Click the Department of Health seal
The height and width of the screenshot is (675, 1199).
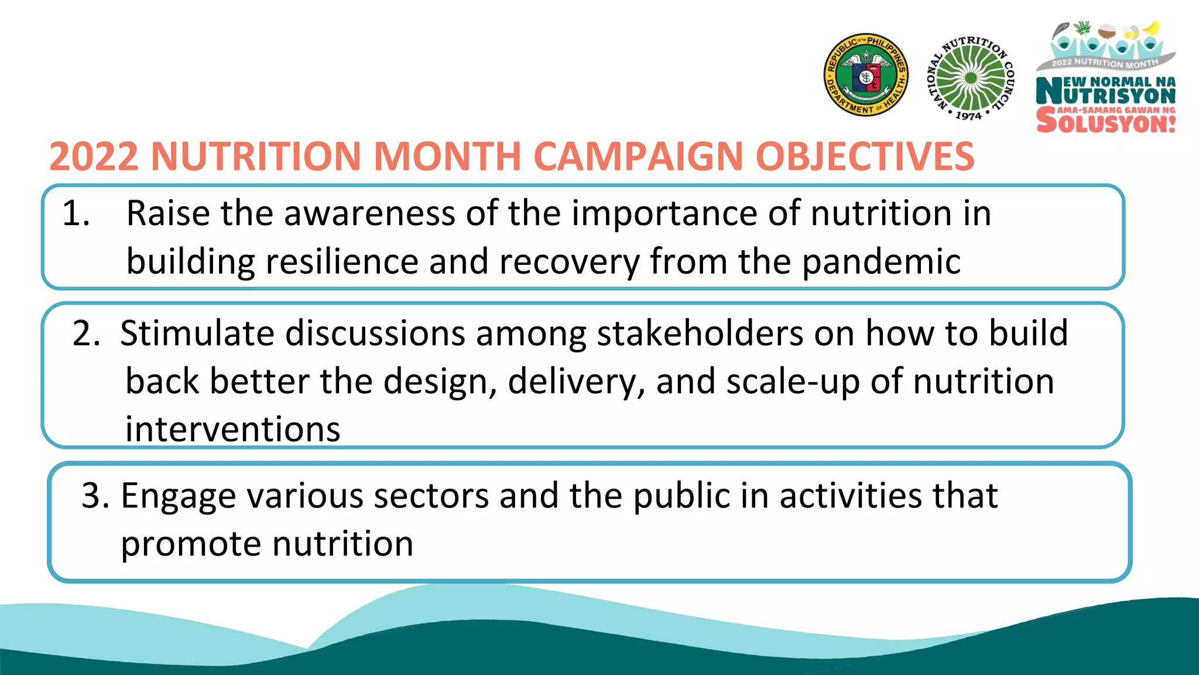pyautogui.click(x=866, y=75)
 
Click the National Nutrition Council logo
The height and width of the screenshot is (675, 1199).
pyautogui.click(x=971, y=77)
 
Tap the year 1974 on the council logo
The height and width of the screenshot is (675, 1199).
pyautogui.click(x=968, y=116)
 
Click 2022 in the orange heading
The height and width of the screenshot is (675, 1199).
pyautogui.click(x=94, y=157)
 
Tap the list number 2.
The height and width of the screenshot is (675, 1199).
pyautogui.click(x=86, y=333)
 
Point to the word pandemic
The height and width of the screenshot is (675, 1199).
pyautogui.click(x=881, y=262)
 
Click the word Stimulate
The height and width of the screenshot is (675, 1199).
pyautogui.click(x=197, y=333)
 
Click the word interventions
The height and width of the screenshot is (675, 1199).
pyautogui.click(x=232, y=429)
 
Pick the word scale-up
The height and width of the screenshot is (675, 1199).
pyautogui.click(x=793, y=382)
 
